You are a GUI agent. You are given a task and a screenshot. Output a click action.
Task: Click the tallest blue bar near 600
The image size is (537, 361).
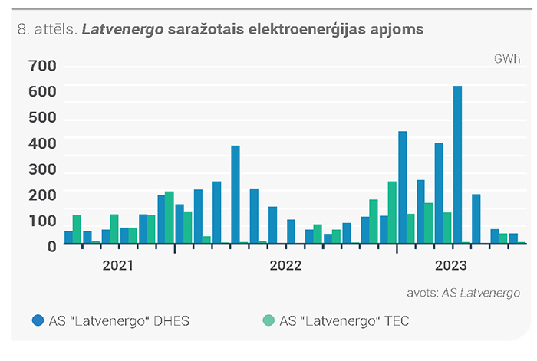[457, 165]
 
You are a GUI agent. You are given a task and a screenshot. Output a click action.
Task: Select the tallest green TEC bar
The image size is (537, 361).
[392, 212]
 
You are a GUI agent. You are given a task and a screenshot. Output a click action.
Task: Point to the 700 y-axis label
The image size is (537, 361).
[42, 66]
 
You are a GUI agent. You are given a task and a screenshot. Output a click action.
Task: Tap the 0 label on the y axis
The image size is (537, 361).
[51, 247]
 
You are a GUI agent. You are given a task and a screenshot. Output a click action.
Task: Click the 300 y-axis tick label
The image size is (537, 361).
[42, 169]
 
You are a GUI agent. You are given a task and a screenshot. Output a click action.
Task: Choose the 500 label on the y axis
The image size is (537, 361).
[42, 117]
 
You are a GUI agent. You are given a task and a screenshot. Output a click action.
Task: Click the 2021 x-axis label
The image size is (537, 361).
[118, 265]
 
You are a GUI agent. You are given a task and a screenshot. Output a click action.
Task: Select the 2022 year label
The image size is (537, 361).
[285, 265]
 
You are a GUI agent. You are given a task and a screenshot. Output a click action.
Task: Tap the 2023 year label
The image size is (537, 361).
[451, 265]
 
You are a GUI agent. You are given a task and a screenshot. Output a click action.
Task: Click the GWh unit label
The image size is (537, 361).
[507, 59]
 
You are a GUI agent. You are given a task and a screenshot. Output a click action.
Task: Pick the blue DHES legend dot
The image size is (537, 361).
[38, 320]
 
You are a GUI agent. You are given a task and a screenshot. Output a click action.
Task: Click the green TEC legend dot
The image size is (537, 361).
[268, 320]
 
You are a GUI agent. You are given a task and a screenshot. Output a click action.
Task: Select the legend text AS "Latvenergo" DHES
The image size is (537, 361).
[119, 321]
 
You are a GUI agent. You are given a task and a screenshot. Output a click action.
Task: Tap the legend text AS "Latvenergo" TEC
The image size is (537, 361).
[344, 321]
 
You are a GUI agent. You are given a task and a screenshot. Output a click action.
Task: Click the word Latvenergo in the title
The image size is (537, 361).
[123, 29]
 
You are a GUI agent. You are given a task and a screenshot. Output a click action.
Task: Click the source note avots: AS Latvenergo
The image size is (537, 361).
[463, 294]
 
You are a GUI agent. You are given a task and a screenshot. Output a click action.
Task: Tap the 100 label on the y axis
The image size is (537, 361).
[42, 221]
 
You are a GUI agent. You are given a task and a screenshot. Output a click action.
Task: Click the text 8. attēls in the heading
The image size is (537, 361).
[47, 29]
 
